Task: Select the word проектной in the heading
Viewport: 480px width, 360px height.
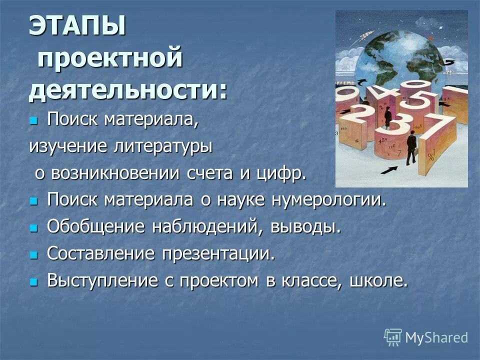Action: point(109,59)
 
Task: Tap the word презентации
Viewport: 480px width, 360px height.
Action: point(218,253)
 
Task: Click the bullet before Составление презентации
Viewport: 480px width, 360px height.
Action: point(33,255)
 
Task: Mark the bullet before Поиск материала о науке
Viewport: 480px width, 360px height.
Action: point(33,201)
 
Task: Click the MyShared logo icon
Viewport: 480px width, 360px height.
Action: point(393,337)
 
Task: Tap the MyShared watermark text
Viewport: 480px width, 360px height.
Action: point(436,337)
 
